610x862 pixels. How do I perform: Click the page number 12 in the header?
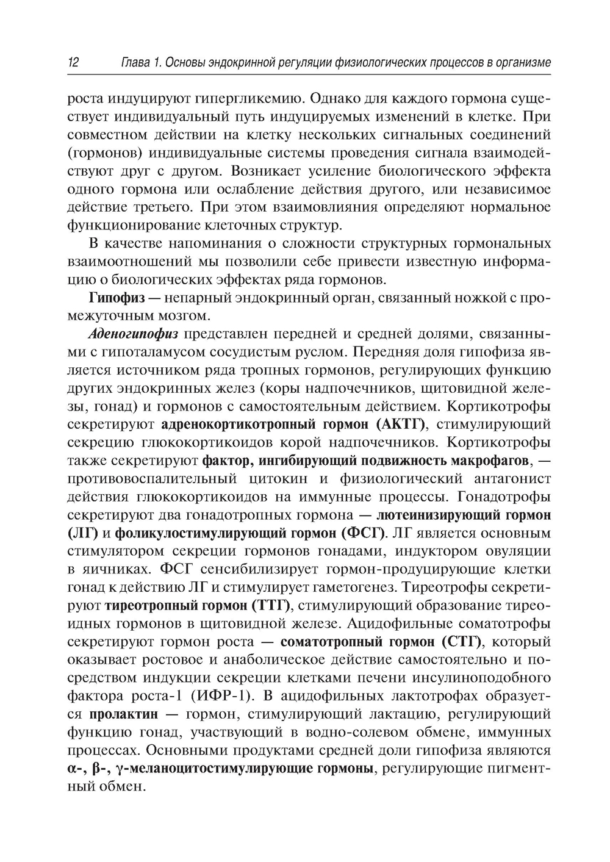[x=73, y=62]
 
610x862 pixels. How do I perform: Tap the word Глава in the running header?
[x=135, y=62]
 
